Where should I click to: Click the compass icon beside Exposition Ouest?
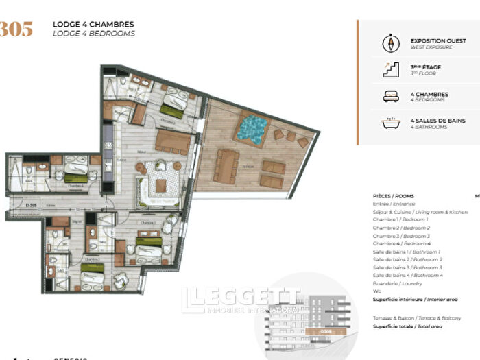click(389, 44)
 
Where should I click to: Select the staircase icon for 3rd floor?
click(389, 70)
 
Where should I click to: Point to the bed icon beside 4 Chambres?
click(389, 97)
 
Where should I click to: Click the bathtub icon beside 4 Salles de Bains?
click(389, 123)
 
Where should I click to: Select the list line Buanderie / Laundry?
click(398, 283)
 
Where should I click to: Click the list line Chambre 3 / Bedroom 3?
click(401, 236)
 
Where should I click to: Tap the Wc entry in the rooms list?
click(376, 291)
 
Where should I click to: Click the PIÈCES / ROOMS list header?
click(394, 196)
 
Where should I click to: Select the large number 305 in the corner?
click(16, 29)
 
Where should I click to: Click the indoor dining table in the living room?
click(172, 143)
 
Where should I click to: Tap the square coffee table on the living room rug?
click(161, 185)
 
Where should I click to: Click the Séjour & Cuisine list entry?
click(420, 212)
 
